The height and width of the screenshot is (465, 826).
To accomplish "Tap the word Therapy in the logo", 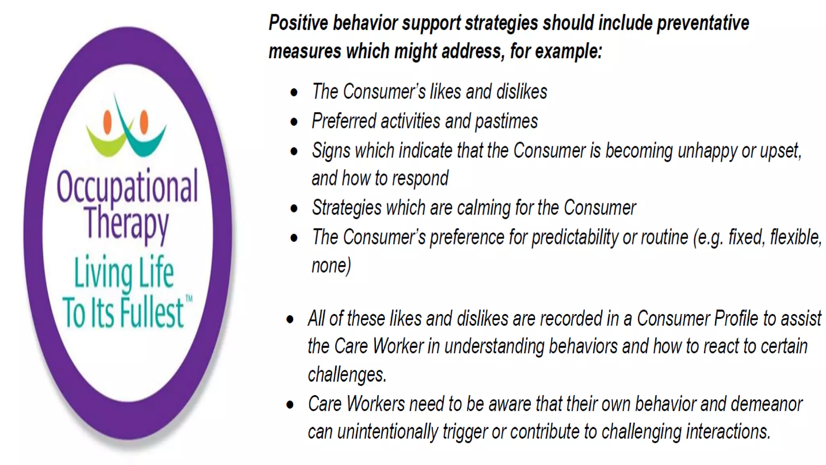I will (127, 224).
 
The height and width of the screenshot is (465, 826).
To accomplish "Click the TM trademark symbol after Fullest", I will (189, 299).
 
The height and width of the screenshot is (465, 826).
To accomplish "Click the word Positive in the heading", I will (298, 23).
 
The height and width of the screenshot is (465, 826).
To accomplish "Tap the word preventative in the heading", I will (703, 23).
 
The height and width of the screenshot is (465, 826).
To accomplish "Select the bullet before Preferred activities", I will (294, 122).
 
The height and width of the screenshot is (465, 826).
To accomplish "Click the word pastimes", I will (506, 121).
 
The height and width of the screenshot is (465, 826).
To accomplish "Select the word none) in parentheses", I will (331, 266).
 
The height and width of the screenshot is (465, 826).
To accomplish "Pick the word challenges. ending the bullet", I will (347, 375).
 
